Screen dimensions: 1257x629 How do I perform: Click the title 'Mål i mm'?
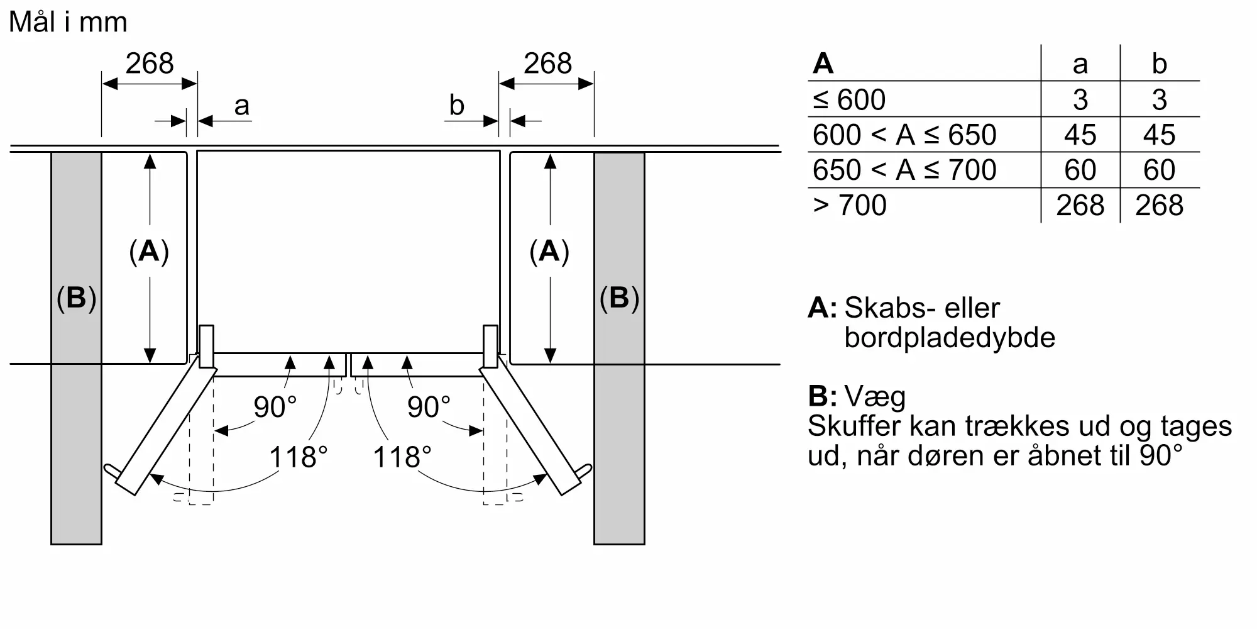coord(68,23)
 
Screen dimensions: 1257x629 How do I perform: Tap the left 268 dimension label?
coord(150,64)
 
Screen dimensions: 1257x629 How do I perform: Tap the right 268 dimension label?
coord(548,64)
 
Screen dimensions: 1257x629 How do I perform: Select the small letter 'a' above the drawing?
coord(242,106)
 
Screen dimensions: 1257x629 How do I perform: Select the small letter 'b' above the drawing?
coord(457,105)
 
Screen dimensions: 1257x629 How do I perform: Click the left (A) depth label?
coord(149,252)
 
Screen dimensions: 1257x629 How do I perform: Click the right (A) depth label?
coord(549,252)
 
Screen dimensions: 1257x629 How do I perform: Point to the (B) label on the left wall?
coord(76,298)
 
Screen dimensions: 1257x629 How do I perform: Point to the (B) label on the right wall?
coord(619,298)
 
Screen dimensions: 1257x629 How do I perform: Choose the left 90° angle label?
coord(275,407)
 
